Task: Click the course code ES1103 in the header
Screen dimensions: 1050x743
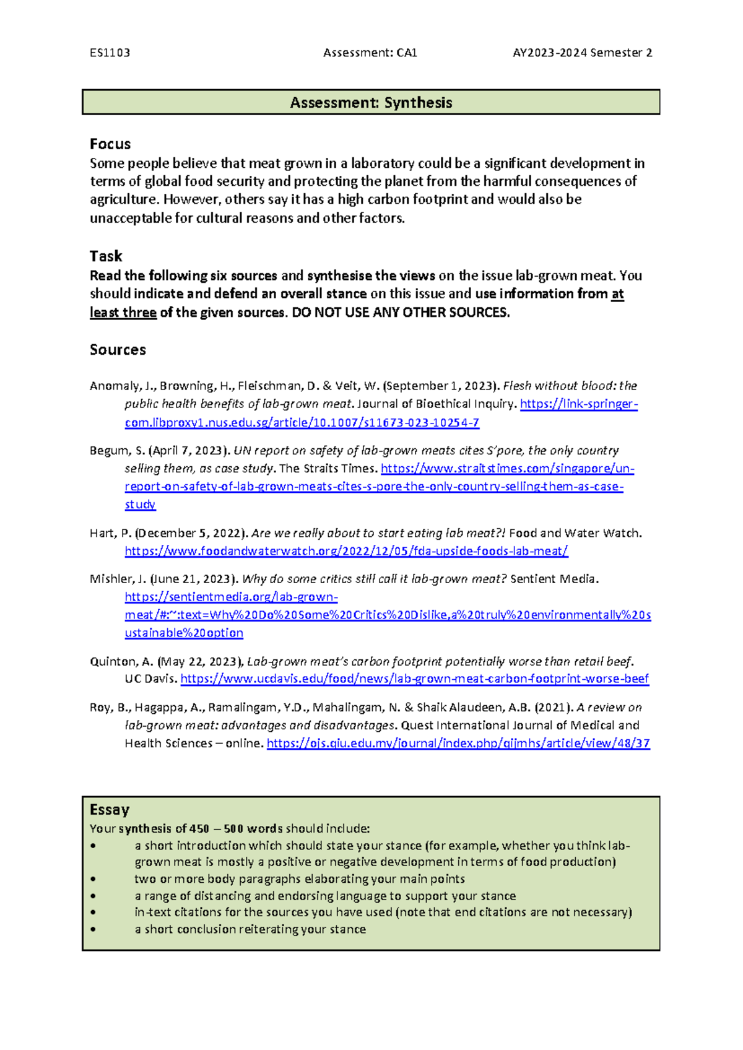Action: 110,53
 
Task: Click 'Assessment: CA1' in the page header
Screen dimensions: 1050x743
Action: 370,53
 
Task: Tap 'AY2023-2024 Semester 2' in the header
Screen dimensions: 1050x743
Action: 582,53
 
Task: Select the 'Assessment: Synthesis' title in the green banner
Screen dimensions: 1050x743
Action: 371,103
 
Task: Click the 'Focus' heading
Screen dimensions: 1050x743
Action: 110,144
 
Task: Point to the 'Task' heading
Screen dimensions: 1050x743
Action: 106,256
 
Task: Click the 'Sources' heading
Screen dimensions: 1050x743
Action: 118,350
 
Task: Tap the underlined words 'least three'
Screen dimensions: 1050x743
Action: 123,313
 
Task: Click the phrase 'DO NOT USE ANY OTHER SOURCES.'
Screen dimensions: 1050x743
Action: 401,313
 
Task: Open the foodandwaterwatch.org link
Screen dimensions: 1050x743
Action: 346,551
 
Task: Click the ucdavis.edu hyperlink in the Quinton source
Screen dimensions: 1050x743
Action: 414,679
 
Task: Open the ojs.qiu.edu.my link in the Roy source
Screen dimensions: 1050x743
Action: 458,743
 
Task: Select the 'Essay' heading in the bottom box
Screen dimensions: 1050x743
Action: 110,810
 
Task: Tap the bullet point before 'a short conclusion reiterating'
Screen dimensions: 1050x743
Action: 93,929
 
